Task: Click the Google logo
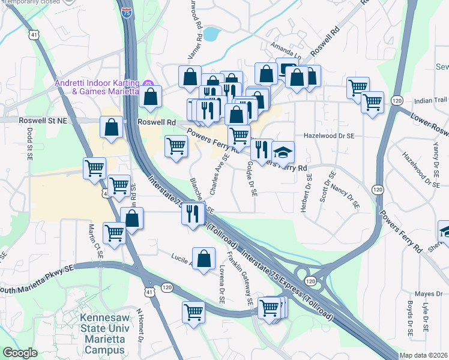(19, 353)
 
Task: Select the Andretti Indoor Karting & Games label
(97, 87)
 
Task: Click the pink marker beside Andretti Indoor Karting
(146, 83)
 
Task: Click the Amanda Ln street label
(285, 47)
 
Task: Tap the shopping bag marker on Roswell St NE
(111, 127)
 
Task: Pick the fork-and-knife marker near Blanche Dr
(193, 214)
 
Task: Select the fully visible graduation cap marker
(283, 152)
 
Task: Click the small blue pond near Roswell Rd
(210, 34)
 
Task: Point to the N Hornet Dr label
(139, 324)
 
